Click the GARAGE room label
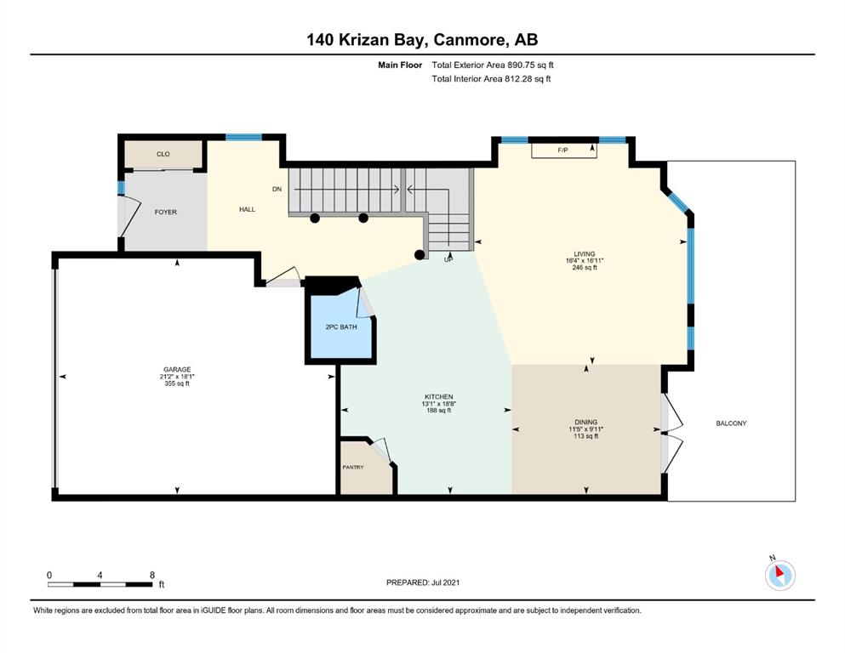[177, 369]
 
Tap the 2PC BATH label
[341, 326]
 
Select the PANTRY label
[353, 468]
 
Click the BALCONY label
[731, 423]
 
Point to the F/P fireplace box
[564, 150]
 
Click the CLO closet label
[163, 154]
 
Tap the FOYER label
[165, 212]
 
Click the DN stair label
[277, 189]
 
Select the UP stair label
[448, 259]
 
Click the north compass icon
[779, 575]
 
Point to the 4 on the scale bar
[100, 575]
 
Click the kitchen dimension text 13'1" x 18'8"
[438, 404]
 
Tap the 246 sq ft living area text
[585, 267]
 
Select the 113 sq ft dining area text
[585, 436]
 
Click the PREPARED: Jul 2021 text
[423, 582]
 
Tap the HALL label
[248, 209]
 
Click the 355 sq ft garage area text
[177, 383]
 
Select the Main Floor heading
[400, 65]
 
